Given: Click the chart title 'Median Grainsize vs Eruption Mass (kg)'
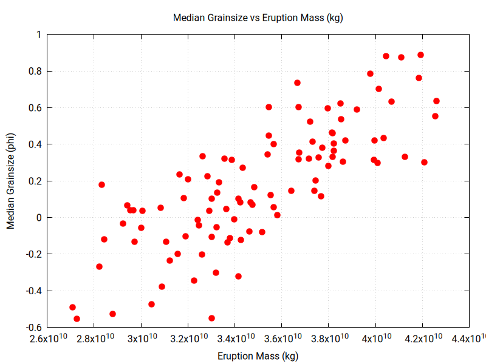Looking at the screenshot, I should pyautogui.click(x=258, y=18).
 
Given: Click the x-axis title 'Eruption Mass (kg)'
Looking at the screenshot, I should pyautogui.click(x=258, y=356).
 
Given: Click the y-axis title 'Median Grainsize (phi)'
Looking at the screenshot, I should pyautogui.click(x=10, y=181).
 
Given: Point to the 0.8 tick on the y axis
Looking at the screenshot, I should pyautogui.click(x=34, y=72).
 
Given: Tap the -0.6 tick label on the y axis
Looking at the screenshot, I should pyautogui.click(x=33, y=327).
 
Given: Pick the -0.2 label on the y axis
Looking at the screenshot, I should pyautogui.click(x=33, y=254).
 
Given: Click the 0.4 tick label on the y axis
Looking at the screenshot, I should pyautogui.click(x=34, y=144).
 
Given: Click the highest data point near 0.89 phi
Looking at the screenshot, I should pyautogui.click(x=420, y=55).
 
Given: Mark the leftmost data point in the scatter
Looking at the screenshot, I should pyautogui.click(x=72, y=307).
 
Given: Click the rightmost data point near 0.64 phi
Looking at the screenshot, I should pyautogui.click(x=436, y=101).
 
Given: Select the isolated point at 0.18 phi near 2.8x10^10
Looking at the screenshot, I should pyautogui.click(x=101, y=184).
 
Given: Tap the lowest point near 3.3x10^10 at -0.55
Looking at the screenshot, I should pyautogui.click(x=211, y=318).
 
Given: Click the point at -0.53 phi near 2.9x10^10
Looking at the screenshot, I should pyautogui.click(x=112, y=314).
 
